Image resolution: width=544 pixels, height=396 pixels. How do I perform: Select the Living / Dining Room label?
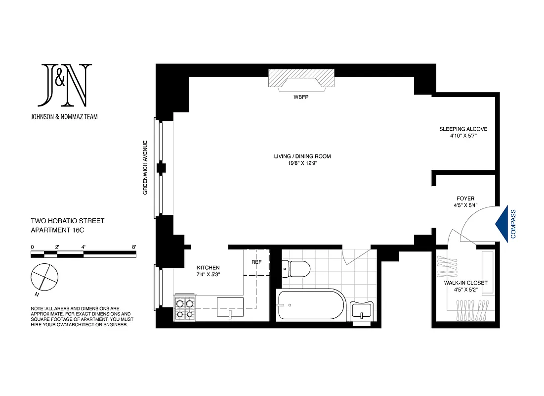click(302, 156)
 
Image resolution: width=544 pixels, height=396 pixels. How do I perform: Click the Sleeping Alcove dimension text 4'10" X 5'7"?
click(463, 136)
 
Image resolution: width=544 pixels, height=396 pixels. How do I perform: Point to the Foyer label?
click(466, 198)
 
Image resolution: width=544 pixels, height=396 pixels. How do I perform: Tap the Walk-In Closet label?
click(466, 283)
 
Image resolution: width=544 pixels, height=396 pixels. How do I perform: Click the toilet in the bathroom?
click(295, 269)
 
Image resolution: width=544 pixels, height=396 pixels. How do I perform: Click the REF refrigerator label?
click(256, 262)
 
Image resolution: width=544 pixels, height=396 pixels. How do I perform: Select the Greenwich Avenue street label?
click(146, 167)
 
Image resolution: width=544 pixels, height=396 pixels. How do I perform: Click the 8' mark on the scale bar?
click(134, 247)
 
